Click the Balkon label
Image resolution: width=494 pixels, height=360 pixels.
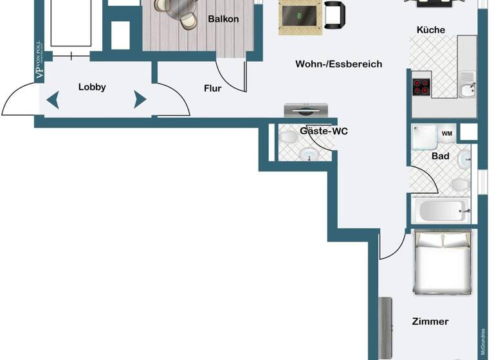(223, 19)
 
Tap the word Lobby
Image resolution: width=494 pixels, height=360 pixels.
(92, 87)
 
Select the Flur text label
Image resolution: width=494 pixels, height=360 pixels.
(212, 89)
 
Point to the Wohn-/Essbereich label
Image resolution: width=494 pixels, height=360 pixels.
(338, 64)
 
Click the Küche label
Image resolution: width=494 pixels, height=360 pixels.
(430, 30)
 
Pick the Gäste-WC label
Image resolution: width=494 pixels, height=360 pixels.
(324, 131)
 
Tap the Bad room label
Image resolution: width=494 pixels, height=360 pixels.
(440, 156)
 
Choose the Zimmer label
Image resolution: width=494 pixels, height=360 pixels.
(430, 321)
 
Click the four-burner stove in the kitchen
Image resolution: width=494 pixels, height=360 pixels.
(421, 87)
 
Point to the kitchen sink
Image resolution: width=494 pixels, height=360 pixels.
(468, 89)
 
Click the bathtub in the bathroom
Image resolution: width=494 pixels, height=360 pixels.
(441, 210)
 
